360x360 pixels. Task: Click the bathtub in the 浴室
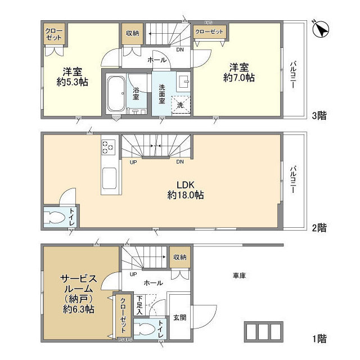pyautogui.click(x=116, y=93)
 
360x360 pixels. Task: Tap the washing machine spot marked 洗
pyautogui.click(x=181, y=105)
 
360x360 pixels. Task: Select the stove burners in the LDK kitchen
pyautogui.click(x=107, y=147)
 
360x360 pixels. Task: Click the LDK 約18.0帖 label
pyautogui.click(x=185, y=190)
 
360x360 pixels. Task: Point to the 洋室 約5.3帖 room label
pyautogui.click(x=74, y=76)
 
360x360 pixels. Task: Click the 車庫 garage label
pyautogui.click(x=240, y=276)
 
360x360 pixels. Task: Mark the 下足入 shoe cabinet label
pyautogui.click(x=141, y=304)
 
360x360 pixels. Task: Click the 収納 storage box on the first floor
pyautogui.click(x=179, y=257)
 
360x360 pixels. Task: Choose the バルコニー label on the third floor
pyautogui.click(x=293, y=75)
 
